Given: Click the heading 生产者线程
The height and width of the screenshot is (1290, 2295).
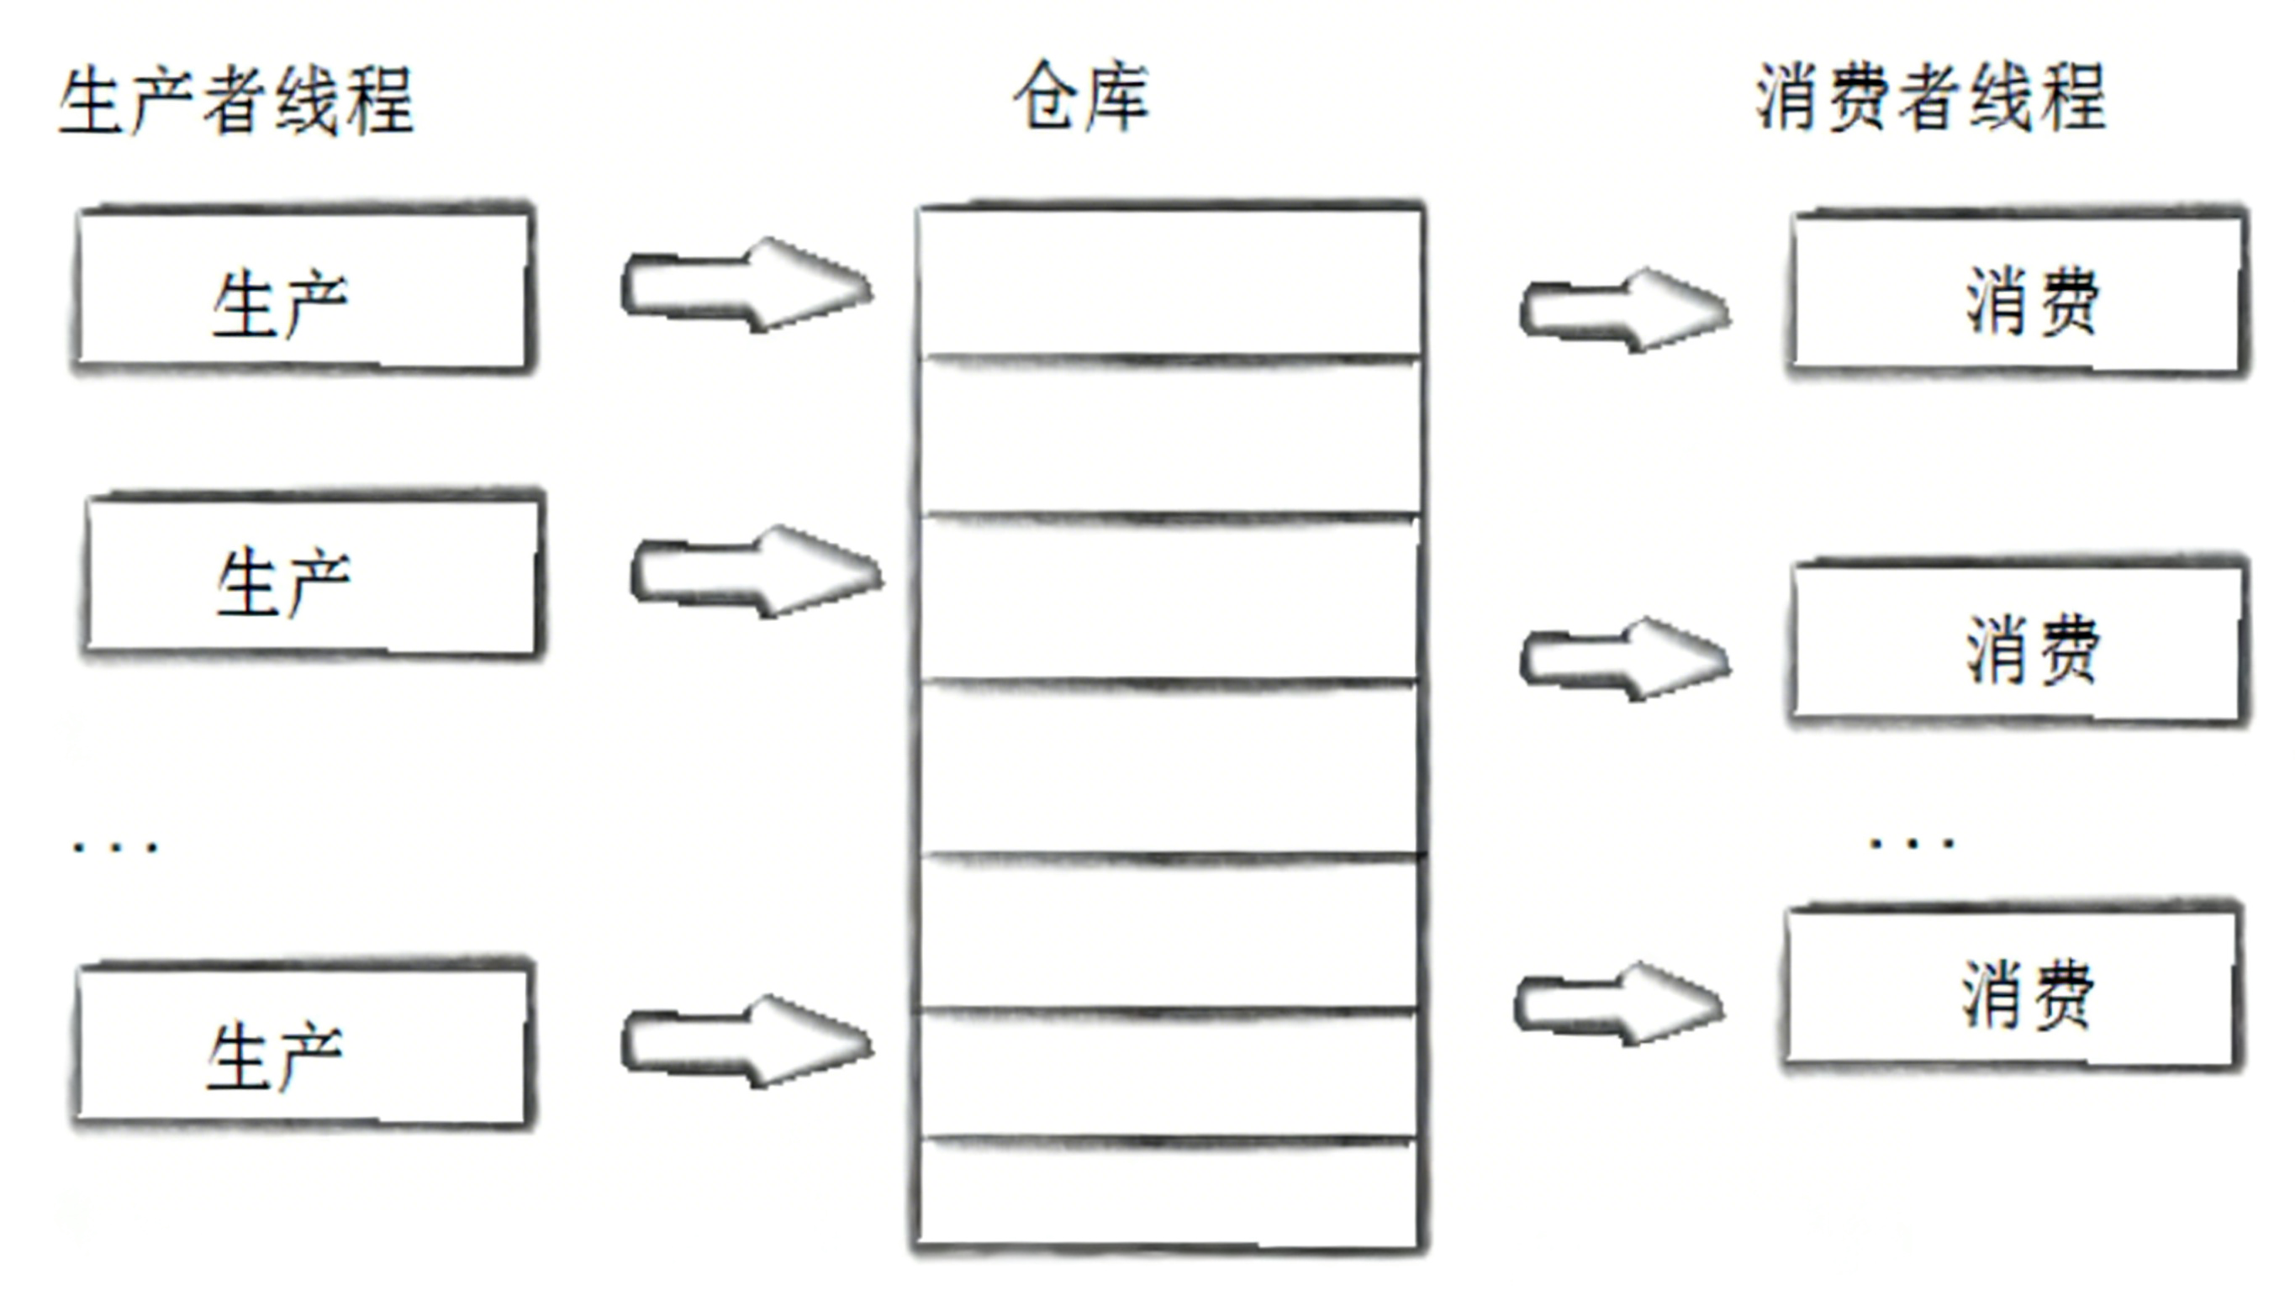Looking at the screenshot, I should pyautogui.click(x=236, y=100).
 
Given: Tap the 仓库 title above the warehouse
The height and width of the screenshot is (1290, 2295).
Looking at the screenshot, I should pyautogui.click(x=1081, y=96).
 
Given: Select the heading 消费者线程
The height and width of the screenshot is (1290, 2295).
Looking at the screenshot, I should pyautogui.click(x=1929, y=98).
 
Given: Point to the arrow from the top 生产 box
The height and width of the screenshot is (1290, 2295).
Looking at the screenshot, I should pyautogui.click(x=747, y=286).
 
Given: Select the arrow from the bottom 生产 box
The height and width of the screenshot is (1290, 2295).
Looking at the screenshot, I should pyautogui.click(x=747, y=1041).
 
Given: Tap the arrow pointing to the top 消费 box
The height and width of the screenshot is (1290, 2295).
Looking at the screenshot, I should pyautogui.click(x=1623, y=310).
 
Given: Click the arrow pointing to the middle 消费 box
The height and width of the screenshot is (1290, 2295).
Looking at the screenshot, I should pyautogui.click(x=1623, y=659).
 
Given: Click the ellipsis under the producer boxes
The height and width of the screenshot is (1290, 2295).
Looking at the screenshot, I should pyautogui.click(x=115, y=845).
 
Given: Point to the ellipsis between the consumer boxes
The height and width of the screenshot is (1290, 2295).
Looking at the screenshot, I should pyautogui.click(x=1912, y=842).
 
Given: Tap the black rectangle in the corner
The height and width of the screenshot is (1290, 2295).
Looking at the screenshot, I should pyautogui.click(x=2102, y=1199).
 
